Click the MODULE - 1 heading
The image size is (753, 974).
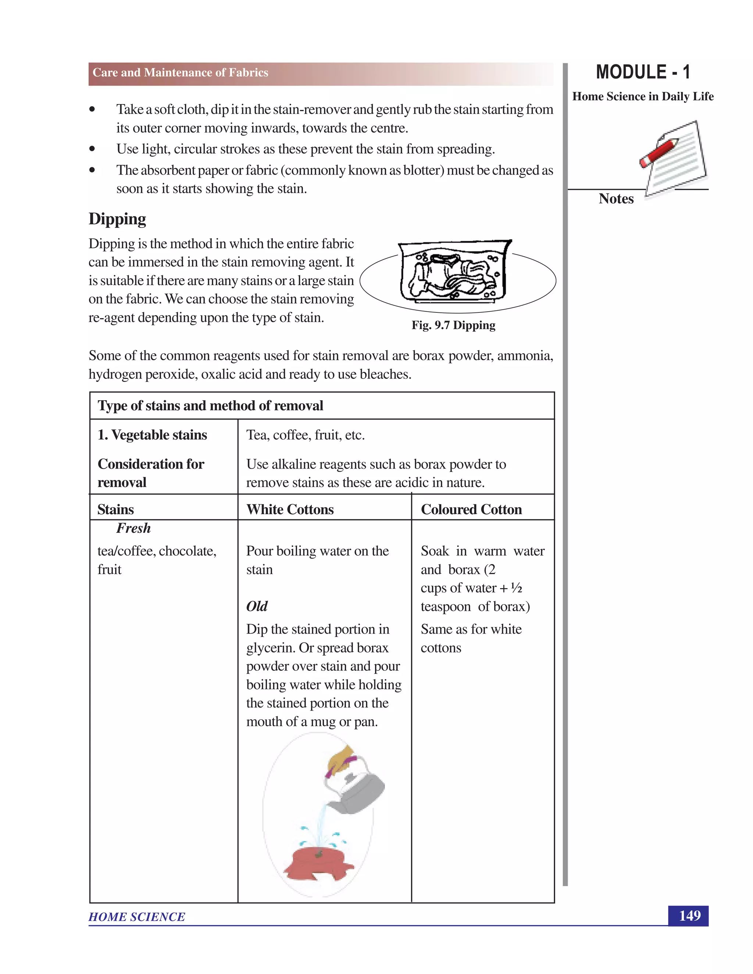pyautogui.click(x=643, y=72)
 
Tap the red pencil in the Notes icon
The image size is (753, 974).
pyautogui.click(x=659, y=153)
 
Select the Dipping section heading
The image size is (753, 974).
pyautogui.click(x=117, y=219)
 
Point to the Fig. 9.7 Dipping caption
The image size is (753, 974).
pyautogui.click(x=453, y=325)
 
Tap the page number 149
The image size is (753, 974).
pyautogui.click(x=689, y=916)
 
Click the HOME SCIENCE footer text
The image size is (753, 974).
pyautogui.click(x=136, y=917)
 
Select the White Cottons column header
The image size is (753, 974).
pyautogui.click(x=290, y=509)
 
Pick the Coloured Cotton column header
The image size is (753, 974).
pyautogui.click(x=471, y=509)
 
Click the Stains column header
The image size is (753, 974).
pyautogui.click(x=115, y=509)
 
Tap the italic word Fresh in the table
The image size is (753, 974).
pyautogui.click(x=133, y=529)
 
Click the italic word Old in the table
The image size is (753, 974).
pyautogui.click(x=257, y=606)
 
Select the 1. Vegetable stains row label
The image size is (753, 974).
pyautogui.click(x=152, y=435)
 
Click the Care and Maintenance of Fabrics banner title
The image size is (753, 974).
pyautogui.click(x=180, y=73)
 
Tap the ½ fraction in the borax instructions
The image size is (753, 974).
pyautogui.click(x=516, y=588)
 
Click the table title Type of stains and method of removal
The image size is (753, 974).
pyautogui.click(x=210, y=406)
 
